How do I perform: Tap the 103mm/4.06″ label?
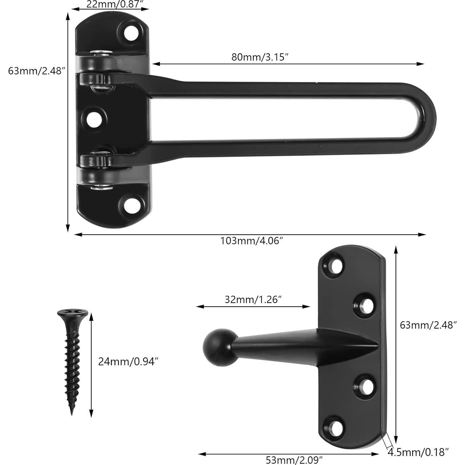tap(252, 241)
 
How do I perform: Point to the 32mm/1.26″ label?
tap(253, 299)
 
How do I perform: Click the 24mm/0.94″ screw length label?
tap(128, 362)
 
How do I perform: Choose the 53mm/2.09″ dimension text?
tap(294, 459)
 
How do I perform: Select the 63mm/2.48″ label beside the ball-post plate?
tap(428, 325)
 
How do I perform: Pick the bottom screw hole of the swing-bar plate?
tap(131, 204)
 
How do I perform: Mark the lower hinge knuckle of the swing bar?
tap(96, 161)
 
